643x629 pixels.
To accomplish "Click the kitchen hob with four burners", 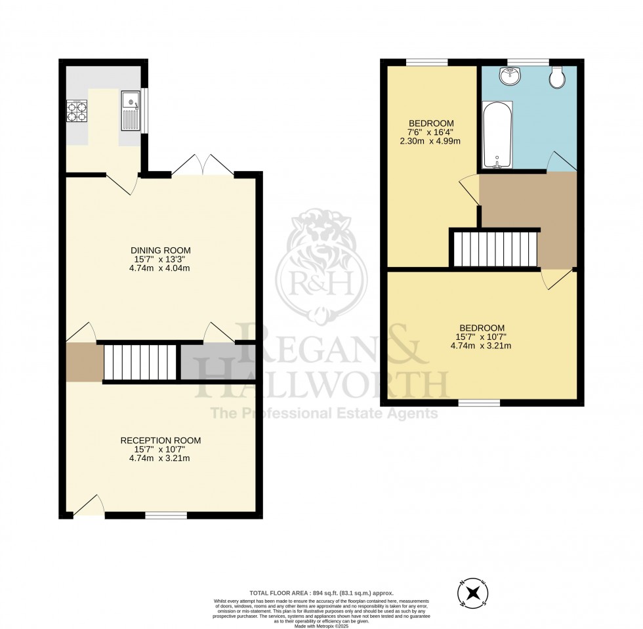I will coord(77,112).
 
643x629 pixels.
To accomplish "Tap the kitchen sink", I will coord(130,111).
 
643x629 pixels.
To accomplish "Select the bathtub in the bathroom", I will coord(497,135).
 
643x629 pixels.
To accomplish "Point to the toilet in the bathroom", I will coord(558,77).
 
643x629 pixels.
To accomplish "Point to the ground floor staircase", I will coord(140,362).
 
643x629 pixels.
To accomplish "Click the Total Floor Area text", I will coord(321,592).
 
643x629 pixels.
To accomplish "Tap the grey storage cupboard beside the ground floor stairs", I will coord(217,362).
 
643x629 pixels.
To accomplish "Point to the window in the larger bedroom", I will coord(479,402).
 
